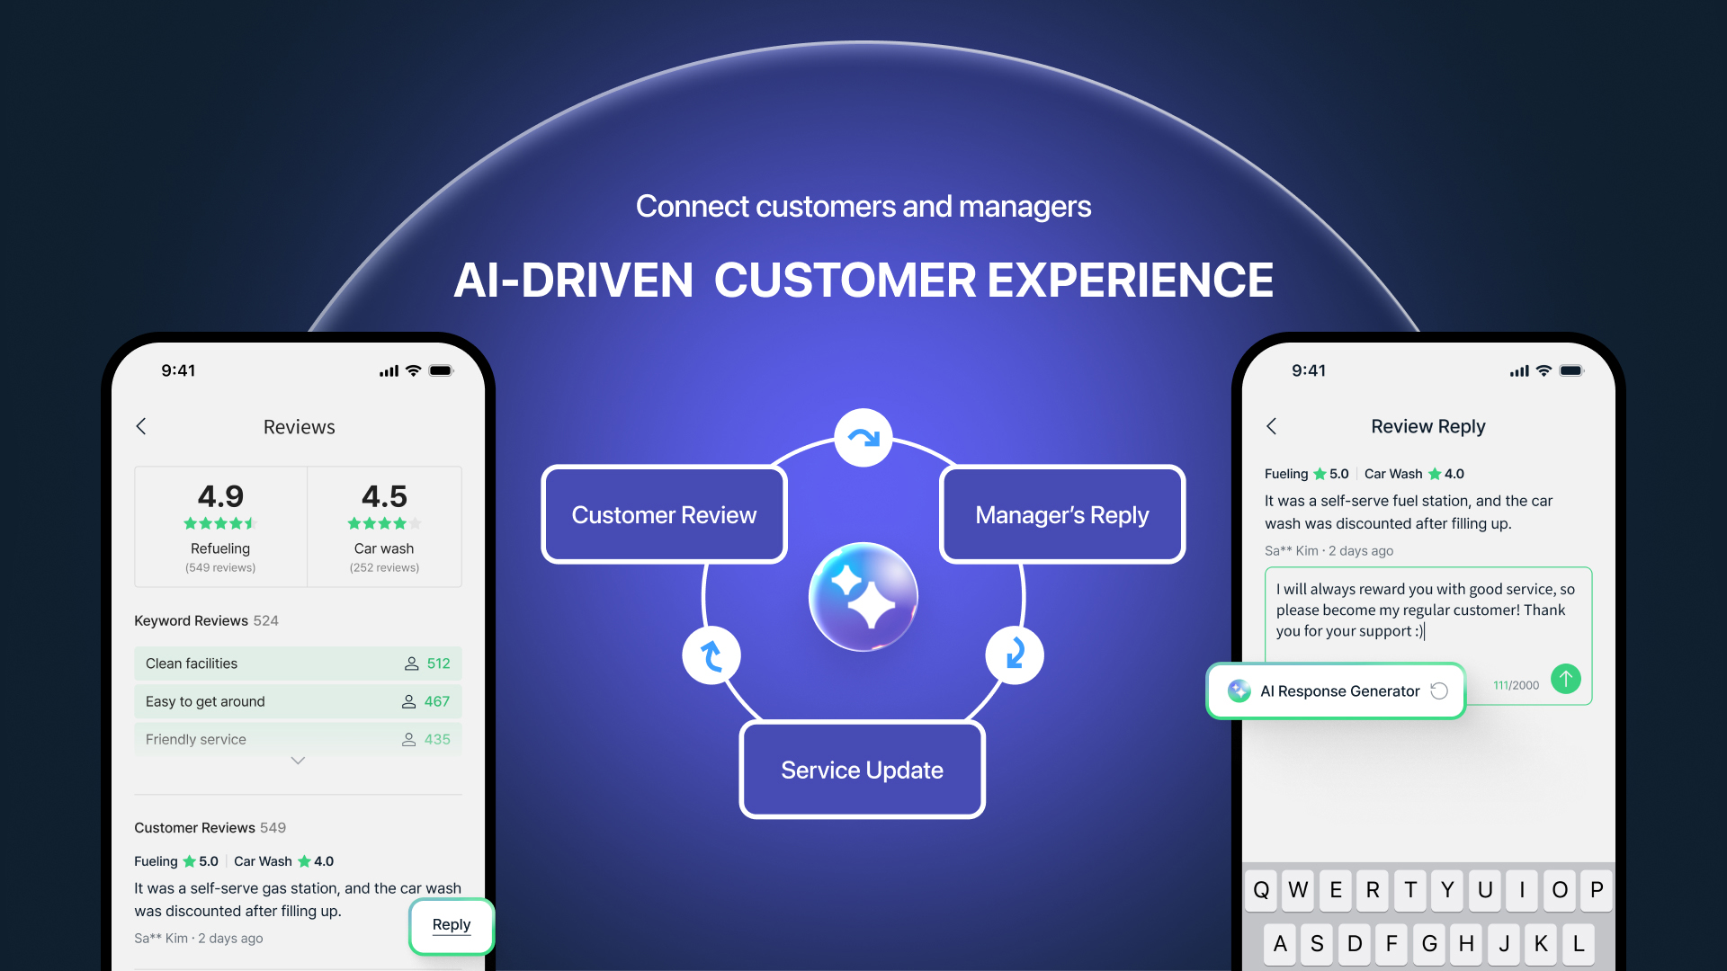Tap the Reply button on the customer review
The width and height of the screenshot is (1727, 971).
(x=452, y=925)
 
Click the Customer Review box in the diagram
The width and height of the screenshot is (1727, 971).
(x=664, y=514)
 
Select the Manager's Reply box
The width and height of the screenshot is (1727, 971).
(x=1061, y=514)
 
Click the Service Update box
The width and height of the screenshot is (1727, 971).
(x=862, y=770)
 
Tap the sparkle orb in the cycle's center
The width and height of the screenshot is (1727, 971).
(x=863, y=597)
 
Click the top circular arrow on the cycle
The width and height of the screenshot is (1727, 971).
(x=863, y=438)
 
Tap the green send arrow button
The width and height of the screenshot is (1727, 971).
(x=1566, y=679)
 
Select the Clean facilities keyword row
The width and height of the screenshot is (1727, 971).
(x=298, y=664)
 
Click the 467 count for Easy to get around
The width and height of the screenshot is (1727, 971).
(x=437, y=701)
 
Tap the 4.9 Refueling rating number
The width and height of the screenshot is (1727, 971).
(x=220, y=496)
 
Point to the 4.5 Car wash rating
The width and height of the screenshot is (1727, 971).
(x=384, y=496)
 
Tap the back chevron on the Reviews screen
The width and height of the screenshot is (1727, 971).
(x=141, y=426)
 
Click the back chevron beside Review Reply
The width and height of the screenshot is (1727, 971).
(x=1272, y=426)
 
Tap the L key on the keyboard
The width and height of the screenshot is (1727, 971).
(x=1578, y=943)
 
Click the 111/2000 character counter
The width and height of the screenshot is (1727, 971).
(x=1516, y=685)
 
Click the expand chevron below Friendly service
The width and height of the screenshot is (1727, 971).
(x=298, y=761)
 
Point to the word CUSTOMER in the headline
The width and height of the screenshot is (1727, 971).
(x=845, y=280)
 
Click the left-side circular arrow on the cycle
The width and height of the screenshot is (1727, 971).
(x=711, y=655)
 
